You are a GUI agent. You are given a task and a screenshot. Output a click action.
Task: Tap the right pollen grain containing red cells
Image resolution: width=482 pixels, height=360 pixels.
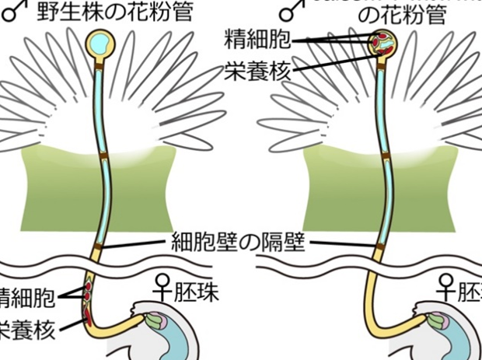click(x=382, y=44)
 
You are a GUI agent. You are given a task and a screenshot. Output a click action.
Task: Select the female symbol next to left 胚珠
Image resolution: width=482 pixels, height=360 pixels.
click(x=165, y=290)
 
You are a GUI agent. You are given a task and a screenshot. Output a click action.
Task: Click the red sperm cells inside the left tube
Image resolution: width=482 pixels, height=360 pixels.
click(x=87, y=293)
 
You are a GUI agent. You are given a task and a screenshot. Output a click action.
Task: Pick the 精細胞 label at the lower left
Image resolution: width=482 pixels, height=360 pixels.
click(x=27, y=296)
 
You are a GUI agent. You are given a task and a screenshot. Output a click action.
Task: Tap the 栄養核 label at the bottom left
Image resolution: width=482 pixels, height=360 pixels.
click(x=27, y=330)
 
